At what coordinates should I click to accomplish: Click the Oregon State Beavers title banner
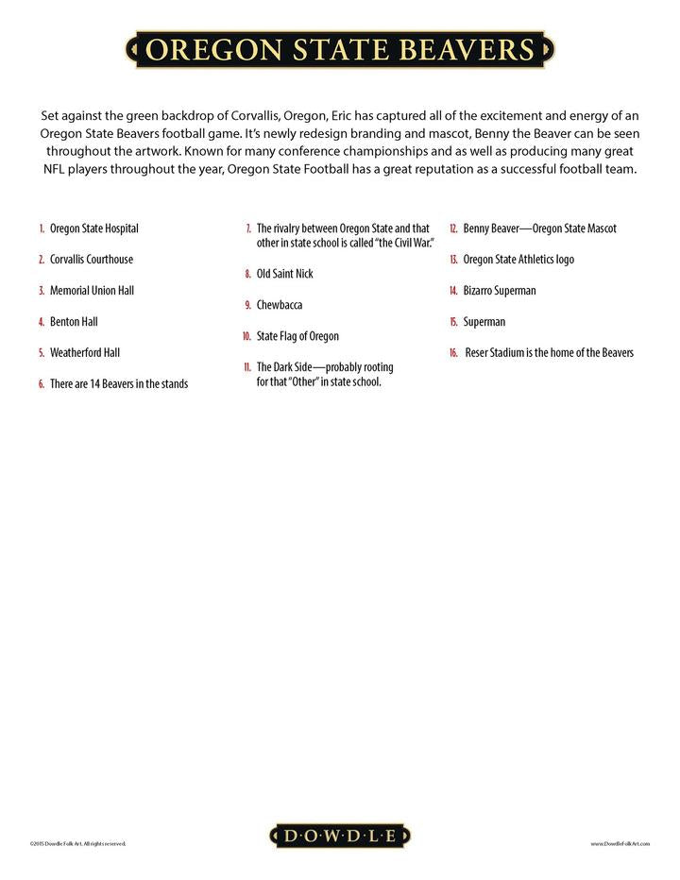coord(340,49)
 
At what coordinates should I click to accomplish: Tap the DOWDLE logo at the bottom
coord(340,836)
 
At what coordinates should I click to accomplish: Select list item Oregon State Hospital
coord(93,228)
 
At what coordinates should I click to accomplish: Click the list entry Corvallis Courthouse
coord(91,259)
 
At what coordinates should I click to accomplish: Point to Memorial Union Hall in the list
coord(91,290)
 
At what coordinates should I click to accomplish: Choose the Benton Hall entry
coord(74,321)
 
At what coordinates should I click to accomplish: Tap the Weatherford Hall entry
coord(84,352)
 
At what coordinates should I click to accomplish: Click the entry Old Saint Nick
coord(284,274)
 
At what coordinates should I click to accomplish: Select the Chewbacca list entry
coord(280,305)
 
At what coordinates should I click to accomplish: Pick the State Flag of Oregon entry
coord(297,336)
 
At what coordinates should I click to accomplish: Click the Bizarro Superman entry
coord(500,290)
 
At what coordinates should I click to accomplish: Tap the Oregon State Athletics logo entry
coord(518,259)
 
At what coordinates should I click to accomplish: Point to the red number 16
coord(453,352)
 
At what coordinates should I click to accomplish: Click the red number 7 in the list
coord(247,228)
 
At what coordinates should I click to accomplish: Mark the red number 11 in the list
coord(246,366)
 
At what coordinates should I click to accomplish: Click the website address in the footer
coord(620,843)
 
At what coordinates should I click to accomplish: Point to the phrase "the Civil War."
coord(393,243)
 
